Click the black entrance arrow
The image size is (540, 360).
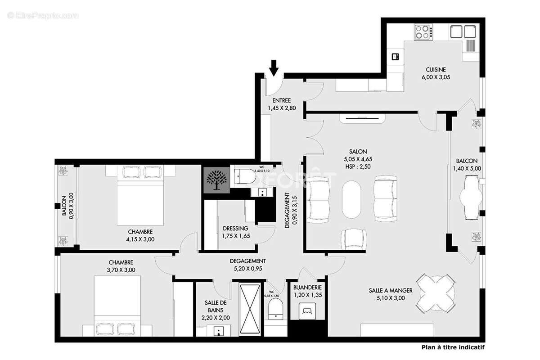(274, 69)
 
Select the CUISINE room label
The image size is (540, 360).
(436, 69)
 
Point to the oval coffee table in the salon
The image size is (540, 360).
(351, 200)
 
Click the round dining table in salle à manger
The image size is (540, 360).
(435, 292)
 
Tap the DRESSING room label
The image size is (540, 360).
(235, 228)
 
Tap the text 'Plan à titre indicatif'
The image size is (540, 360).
(453, 347)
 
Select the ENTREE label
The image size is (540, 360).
(282, 100)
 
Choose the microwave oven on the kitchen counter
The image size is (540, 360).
(396, 56)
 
